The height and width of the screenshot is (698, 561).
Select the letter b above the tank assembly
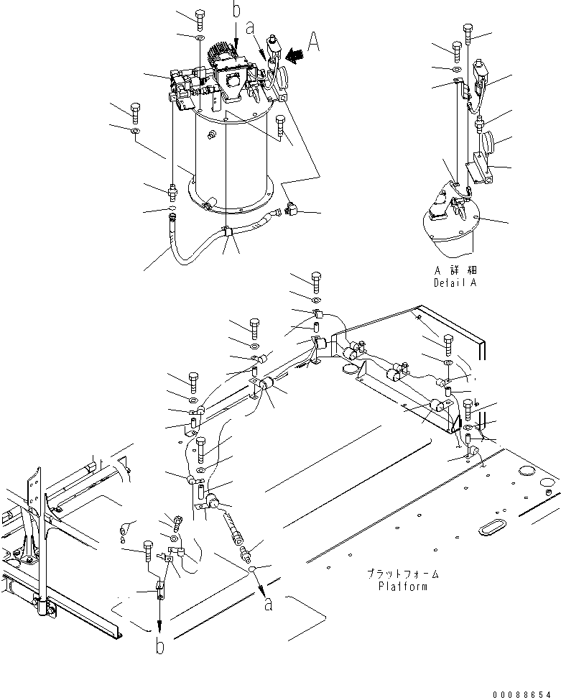click(236, 9)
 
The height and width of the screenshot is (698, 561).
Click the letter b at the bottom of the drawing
click(160, 646)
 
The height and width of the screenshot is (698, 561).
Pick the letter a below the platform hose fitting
click(269, 605)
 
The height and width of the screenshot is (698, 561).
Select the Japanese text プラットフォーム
click(403, 574)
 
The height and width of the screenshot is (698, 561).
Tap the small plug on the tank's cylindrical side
click(211, 135)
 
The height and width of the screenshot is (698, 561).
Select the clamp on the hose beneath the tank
click(226, 233)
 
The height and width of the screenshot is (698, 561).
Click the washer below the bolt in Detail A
click(457, 69)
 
